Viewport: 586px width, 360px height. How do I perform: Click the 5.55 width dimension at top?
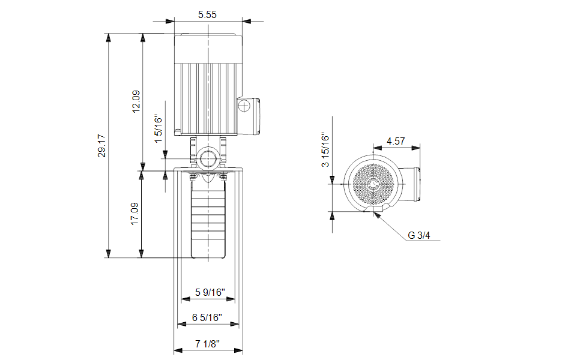pos(207,14)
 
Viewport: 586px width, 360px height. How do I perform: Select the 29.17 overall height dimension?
pos(101,146)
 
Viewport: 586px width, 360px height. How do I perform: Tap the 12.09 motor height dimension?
pos(136,101)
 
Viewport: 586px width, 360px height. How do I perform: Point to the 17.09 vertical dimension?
pos(134,214)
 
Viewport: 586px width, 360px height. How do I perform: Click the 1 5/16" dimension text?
pos(159,129)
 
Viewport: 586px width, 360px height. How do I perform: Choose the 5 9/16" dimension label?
pos(210,292)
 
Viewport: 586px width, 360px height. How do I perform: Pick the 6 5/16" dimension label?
pos(207,317)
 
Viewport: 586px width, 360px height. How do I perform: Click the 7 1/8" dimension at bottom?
pos(207,344)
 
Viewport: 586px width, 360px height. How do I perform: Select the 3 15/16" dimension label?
pos(325,149)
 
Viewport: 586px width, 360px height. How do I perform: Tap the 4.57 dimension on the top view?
pos(396,141)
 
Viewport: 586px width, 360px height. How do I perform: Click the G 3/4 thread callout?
pos(419,235)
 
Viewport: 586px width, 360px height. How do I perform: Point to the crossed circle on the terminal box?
pos(244,106)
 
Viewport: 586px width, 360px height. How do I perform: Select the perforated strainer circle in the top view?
pos(373,184)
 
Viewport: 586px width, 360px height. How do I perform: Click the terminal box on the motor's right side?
pos(248,116)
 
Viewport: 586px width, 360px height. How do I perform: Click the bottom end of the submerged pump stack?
pos(208,257)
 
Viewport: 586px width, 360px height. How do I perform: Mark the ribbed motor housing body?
pos(208,98)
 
